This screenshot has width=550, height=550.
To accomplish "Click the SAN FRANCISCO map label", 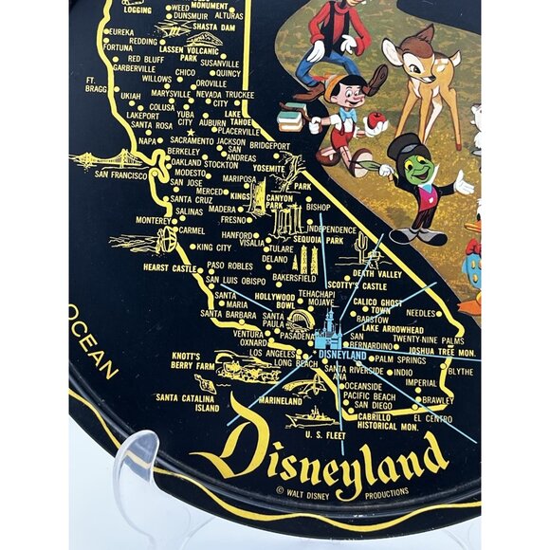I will (120, 175).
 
